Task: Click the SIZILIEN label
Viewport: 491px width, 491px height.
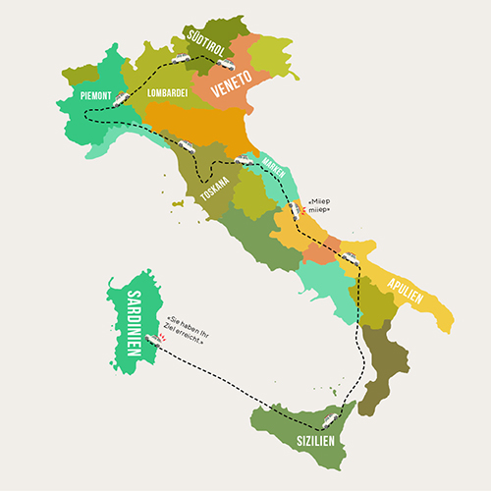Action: [315, 441]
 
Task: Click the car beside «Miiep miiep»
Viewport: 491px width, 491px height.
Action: [294, 209]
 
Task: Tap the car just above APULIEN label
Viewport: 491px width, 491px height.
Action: [351, 258]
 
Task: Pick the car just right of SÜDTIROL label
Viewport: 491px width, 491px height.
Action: [182, 59]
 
